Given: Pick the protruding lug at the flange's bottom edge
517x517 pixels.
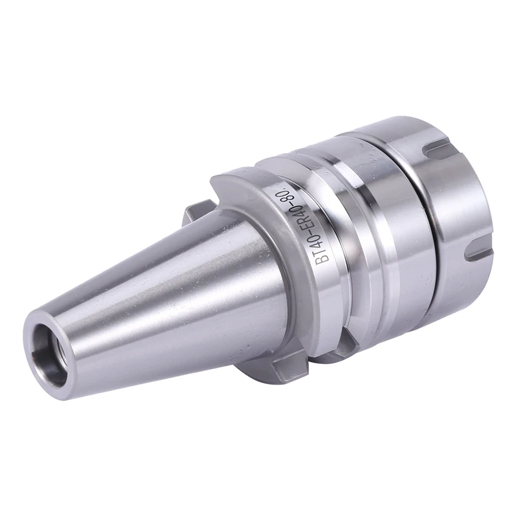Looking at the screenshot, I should click(x=284, y=371).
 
